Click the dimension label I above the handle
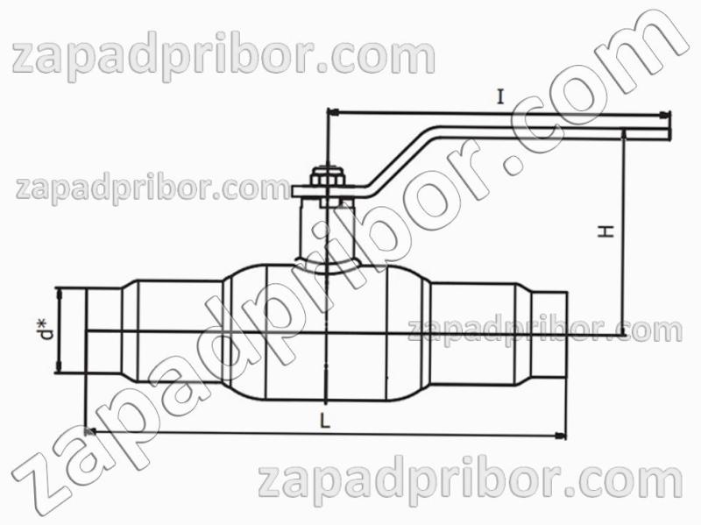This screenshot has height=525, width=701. (x=500, y=96)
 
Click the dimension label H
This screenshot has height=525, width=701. (x=606, y=231)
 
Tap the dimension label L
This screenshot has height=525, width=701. (x=325, y=421)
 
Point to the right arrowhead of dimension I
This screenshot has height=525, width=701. (x=665, y=115)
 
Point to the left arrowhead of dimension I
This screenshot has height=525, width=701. (x=334, y=111)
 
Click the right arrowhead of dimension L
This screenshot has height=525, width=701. (x=560, y=435)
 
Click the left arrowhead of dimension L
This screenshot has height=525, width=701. (x=90, y=431)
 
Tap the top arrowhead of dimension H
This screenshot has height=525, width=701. (x=623, y=136)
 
